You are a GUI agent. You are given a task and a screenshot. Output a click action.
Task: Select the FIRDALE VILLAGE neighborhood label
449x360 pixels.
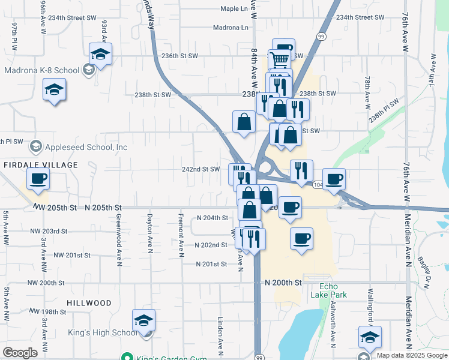41,165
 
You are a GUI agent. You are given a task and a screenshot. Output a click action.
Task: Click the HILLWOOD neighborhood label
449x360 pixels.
89,304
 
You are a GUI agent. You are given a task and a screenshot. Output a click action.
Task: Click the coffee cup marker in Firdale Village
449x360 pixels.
38,178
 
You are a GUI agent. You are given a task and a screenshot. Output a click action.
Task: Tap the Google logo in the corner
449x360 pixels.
20,353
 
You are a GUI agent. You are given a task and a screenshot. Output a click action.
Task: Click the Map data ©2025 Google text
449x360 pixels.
411,355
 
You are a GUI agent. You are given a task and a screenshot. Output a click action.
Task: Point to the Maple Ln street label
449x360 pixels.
234,9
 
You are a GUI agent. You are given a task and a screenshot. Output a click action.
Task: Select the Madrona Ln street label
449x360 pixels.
231,28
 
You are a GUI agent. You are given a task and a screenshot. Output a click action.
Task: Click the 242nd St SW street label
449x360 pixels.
201,169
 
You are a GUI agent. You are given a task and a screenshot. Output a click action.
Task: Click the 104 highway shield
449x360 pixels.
316,184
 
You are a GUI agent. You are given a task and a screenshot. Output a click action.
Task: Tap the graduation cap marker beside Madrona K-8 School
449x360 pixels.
101,54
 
